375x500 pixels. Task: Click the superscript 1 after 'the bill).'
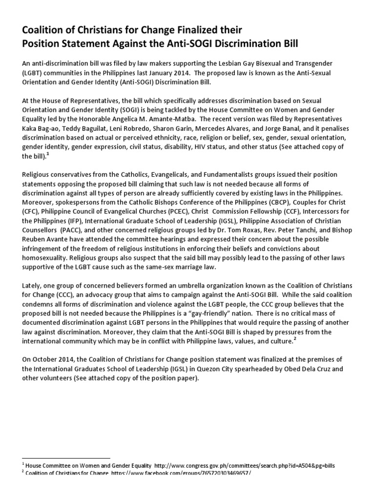[48, 154]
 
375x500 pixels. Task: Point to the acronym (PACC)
[72, 229]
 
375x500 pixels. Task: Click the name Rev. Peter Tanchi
[291, 229]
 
